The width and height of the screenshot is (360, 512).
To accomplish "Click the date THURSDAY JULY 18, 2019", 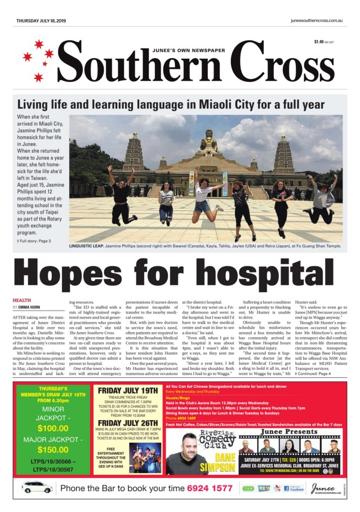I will tap(41, 20).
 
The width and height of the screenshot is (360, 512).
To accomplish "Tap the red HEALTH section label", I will tap(22, 300).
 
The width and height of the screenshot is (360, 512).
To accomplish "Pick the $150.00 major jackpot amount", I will tap(52, 449).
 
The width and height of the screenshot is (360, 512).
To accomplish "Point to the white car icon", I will tap(37, 487).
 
